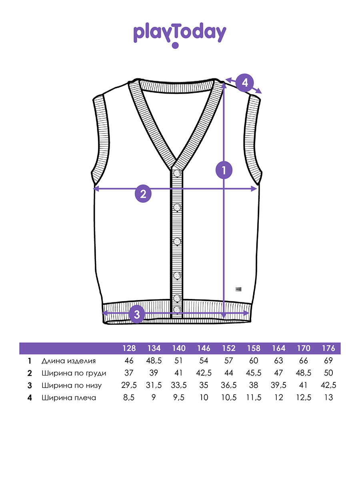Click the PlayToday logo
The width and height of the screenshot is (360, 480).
pos(180,34)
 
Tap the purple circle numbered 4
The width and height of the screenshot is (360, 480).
pos(244,83)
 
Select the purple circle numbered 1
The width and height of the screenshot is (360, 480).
pos(224,170)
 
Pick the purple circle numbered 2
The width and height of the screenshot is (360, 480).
pos(143,194)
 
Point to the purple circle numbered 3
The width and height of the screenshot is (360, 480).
pos(137,314)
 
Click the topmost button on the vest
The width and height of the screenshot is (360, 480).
pos(177,173)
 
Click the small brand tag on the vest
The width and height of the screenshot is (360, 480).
pos(238,289)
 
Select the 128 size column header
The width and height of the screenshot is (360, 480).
pos(129,348)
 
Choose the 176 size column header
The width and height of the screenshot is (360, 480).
pos(328,348)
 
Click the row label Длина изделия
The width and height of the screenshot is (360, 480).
pos(69,361)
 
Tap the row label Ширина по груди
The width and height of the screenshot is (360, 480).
pos(74,373)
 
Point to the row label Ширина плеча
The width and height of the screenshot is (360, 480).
pos(69,398)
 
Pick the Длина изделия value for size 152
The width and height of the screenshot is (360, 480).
pos(229,361)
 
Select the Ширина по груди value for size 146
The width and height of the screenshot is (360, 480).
pos(204,373)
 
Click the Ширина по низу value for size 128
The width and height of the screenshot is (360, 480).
pos(129,385)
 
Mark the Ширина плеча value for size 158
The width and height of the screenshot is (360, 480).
pos(254,398)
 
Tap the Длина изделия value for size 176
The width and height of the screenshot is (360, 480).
pos(328,361)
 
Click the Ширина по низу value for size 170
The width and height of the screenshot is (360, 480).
pos(303,385)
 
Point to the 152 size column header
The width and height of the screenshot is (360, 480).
pos(229,348)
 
